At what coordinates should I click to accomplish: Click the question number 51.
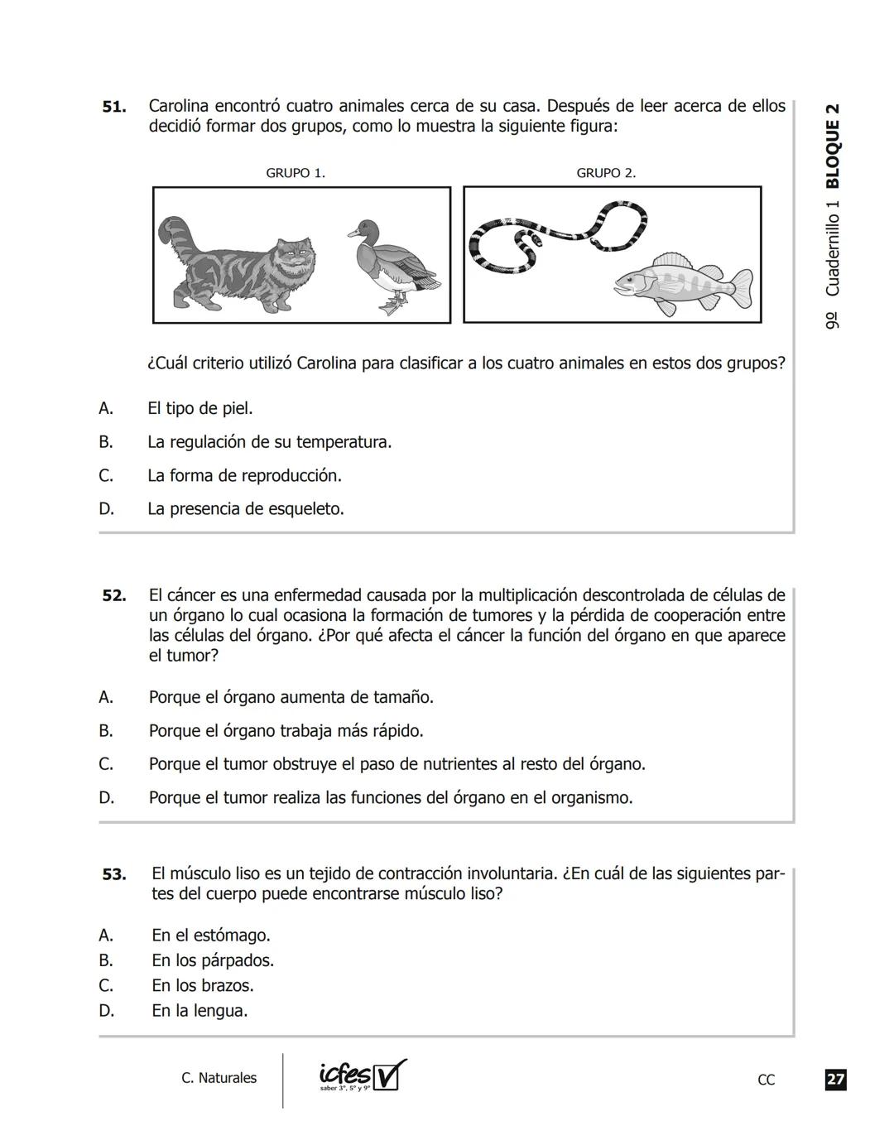[x=114, y=107]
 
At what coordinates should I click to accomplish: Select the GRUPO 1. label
[x=296, y=173]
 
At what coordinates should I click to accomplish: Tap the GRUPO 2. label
[x=606, y=173]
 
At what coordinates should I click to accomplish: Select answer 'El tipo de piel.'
[x=199, y=408]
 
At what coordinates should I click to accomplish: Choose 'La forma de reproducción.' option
[x=244, y=475]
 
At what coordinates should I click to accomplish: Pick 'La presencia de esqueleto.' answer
[x=245, y=508]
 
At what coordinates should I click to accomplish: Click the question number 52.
[x=114, y=595]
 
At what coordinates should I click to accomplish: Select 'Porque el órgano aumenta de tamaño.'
[x=291, y=697]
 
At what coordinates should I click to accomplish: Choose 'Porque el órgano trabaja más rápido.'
[x=286, y=731]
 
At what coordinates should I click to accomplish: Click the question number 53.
[x=114, y=874]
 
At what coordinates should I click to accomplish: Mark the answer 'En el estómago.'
[x=210, y=936]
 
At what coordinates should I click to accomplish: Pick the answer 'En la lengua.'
[x=199, y=1011]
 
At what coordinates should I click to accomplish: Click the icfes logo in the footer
[x=363, y=1076]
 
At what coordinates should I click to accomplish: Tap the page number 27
[x=835, y=1080]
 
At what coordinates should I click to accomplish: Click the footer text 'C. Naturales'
[x=219, y=1078]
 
